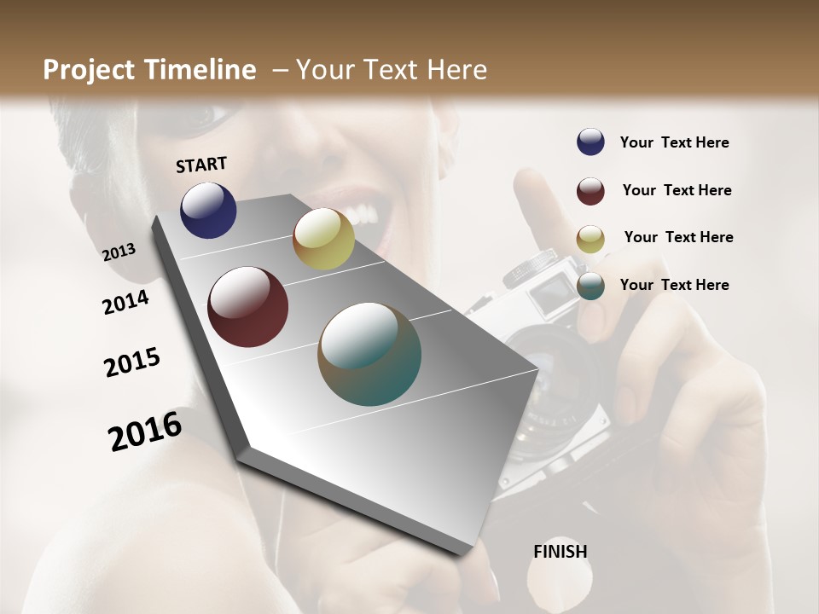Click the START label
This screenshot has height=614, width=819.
point(201,165)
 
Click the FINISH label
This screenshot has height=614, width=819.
point(561,552)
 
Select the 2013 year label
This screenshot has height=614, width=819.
point(119,252)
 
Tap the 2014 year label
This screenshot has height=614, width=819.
point(125,302)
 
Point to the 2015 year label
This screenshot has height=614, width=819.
point(132,362)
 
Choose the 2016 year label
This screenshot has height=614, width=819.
point(145,432)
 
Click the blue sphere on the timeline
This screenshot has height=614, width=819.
point(208,210)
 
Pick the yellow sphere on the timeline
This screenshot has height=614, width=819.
point(323,239)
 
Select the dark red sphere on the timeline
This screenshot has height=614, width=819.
point(247,307)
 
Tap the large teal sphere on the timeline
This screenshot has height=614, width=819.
point(369,354)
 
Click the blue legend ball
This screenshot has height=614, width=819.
point(590,142)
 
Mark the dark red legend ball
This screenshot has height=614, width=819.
point(590,191)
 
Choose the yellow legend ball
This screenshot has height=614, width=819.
point(590,239)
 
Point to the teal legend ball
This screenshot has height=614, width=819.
point(590,287)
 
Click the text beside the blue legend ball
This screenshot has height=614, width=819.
point(674,142)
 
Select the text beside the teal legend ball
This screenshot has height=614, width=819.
point(674,285)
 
